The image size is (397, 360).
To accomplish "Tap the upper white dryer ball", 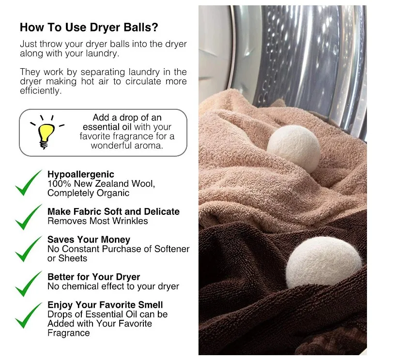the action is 293,149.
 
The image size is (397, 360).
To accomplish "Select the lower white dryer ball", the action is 324,262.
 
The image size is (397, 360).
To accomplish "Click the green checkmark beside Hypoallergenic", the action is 29,183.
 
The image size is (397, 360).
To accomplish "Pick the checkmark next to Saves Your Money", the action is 29,249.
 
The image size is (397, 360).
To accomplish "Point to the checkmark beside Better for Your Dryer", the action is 29,284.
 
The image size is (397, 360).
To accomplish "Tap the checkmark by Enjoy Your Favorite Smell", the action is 29,315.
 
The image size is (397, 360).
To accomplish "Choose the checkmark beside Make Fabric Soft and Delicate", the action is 29,217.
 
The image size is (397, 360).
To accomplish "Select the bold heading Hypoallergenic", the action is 81,175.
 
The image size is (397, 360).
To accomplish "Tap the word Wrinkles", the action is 130,221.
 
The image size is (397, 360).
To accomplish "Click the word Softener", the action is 172,249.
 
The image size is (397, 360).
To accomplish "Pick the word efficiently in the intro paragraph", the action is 41,91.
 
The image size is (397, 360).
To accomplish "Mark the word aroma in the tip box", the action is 151,146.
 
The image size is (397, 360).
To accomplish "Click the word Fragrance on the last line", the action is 69,333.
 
